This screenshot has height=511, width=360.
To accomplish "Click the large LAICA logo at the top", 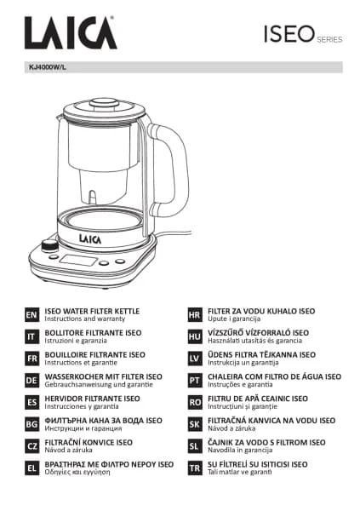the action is coord(71,32).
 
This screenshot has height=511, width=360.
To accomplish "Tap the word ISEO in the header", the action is coord(289,34).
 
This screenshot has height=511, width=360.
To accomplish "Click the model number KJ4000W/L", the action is coord(48,67).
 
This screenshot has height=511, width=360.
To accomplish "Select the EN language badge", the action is coord(31,315).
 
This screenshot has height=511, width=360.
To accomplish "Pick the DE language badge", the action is coord(31,381).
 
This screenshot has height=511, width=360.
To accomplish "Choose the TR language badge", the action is coord(195,468).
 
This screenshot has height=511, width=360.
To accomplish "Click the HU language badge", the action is coord(195,336).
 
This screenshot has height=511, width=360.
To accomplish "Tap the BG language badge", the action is coord(31,424).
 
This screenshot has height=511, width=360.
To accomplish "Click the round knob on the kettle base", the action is coord(49,246).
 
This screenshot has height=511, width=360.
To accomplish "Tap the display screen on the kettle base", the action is coord(78,260).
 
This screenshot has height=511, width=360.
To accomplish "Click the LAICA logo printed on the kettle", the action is coord(90,238).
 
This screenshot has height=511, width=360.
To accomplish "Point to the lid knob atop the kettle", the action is coord(105,103).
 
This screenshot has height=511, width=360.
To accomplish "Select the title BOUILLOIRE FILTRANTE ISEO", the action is coord(94,354).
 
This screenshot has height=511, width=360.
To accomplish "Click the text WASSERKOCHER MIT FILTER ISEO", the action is coord(103,376).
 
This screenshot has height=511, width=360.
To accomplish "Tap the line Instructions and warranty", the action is coord(85,319).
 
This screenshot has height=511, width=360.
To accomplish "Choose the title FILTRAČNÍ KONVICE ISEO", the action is coord(89,442).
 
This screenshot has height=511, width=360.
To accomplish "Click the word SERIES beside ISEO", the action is coord(329,40).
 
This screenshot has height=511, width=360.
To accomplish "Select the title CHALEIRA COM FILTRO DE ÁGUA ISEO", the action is coord(275,376).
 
